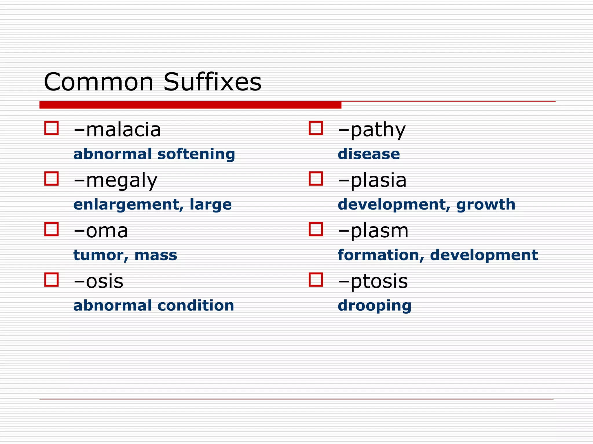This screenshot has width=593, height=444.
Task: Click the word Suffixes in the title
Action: [212, 82]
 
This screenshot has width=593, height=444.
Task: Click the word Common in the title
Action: [98, 82]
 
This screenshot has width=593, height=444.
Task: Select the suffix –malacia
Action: [117, 130]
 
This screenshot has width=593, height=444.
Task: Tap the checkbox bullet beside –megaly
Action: [52, 179]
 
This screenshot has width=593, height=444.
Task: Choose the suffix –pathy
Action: [372, 130]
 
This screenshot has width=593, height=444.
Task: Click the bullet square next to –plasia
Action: [316, 179]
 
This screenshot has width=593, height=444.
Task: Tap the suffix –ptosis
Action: [373, 282]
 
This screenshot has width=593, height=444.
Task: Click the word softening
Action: [196, 154]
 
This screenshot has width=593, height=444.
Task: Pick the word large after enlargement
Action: [211, 205]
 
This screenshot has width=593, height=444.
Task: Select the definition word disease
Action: [369, 154]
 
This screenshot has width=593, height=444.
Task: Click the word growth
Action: [486, 205]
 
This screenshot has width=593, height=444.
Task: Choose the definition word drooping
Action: [374, 306]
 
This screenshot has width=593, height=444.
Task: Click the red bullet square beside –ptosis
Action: [316, 280]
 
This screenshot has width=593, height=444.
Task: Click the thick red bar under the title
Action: [190, 105]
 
